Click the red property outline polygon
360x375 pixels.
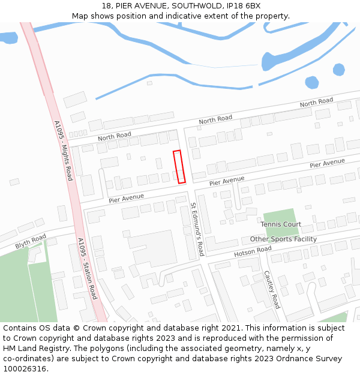tap(179, 167)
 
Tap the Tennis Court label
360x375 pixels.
tap(281, 224)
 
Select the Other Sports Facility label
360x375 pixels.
tap(283, 239)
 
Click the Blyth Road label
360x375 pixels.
tap(31, 241)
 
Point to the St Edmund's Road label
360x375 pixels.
tap(197, 229)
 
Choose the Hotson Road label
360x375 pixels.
tap(253, 252)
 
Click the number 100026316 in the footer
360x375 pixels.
tap(26, 369)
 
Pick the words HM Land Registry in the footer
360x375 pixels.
tap(35, 349)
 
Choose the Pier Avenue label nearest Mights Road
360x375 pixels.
tap(126, 197)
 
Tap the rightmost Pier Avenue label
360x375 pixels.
tap(327, 163)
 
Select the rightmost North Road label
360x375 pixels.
tap(316, 103)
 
